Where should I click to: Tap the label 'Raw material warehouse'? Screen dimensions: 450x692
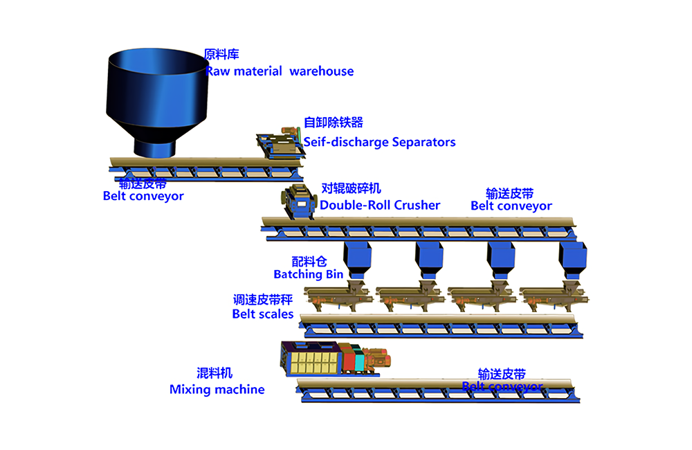point(280,71)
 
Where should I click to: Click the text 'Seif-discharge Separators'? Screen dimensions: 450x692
point(380,142)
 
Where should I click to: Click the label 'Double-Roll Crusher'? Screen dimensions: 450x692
point(380,205)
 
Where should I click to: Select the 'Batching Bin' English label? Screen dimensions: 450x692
point(308,274)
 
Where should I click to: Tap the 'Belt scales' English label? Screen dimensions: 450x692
point(263,314)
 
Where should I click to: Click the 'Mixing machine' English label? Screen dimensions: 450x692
point(217,390)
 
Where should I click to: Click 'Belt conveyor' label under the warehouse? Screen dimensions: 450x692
point(143,196)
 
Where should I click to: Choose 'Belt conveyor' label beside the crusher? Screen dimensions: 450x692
point(511,206)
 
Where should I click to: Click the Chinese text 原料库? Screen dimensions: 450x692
point(221,54)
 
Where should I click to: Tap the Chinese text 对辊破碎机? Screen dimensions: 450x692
point(351,188)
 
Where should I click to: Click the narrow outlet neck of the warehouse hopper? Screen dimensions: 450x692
point(155,146)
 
